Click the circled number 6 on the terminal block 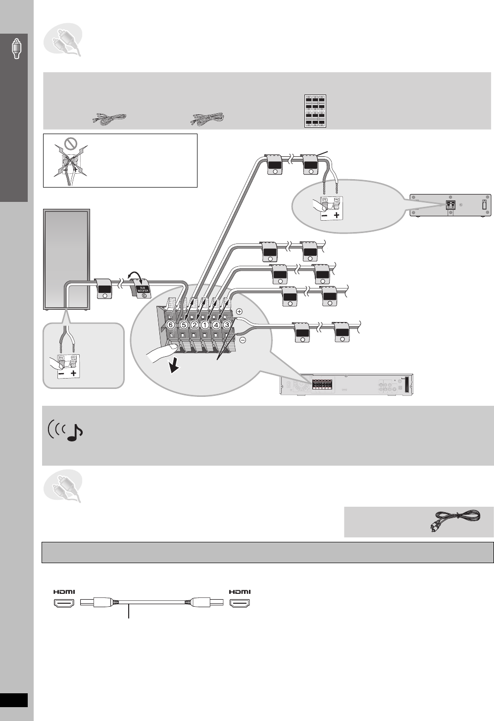pos(171,325)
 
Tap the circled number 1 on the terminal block pos(205,325)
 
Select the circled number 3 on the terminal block pos(227,325)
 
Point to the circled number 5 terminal pos(184,325)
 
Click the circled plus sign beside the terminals pos(239,312)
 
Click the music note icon pos(74,432)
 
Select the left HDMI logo pos(64,592)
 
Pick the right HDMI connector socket pos(240,603)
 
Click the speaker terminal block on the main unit pos(322,385)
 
